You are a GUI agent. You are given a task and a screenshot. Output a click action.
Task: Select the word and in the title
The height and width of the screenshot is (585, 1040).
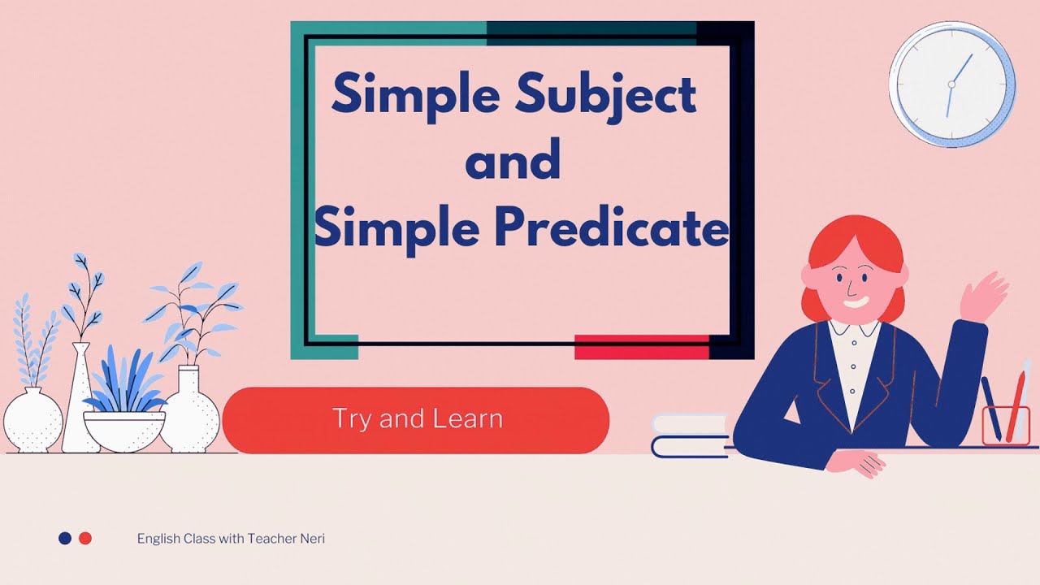(x=513, y=160)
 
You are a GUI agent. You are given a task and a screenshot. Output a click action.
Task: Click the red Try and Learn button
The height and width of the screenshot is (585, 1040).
(x=416, y=419)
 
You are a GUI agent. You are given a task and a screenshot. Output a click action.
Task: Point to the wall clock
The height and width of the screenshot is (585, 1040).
(x=951, y=84)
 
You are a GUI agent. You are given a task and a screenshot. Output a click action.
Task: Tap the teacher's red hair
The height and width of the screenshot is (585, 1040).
(x=853, y=244)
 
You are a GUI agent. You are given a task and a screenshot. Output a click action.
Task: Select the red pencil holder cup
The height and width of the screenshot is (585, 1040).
(x=1005, y=426)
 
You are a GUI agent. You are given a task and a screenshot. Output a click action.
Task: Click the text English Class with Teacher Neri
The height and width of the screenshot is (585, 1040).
(x=231, y=539)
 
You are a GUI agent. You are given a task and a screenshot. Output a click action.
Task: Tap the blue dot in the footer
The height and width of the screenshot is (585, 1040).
(x=65, y=538)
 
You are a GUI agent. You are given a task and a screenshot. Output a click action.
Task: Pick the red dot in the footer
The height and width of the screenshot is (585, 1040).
(x=85, y=538)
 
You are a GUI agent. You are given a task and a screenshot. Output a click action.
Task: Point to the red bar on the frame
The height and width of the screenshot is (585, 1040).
(x=641, y=347)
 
